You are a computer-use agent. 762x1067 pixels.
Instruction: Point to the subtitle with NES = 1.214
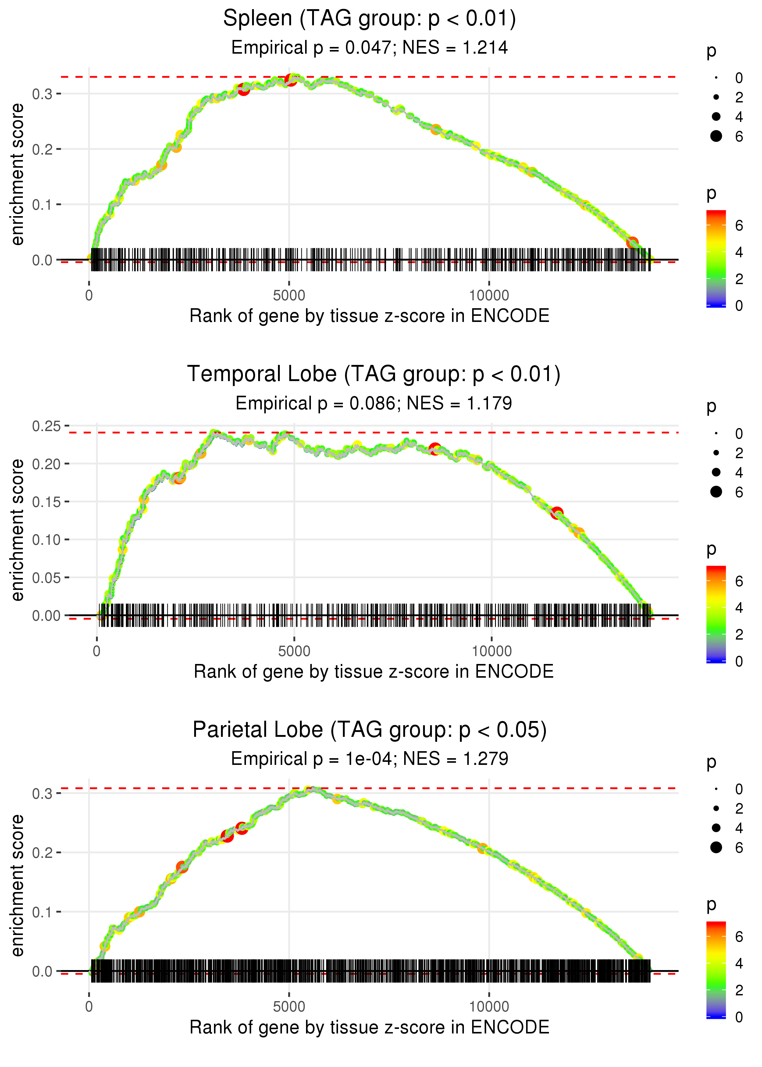(x=369, y=48)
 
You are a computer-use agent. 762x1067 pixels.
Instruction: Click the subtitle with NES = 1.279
(x=369, y=759)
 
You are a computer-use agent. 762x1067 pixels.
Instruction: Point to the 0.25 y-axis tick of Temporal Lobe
(x=46, y=426)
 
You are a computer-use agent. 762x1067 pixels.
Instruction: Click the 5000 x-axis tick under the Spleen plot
(x=289, y=296)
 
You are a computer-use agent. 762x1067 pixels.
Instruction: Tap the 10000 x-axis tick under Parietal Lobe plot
(x=489, y=1007)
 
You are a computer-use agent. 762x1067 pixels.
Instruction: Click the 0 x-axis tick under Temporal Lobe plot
(x=97, y=651)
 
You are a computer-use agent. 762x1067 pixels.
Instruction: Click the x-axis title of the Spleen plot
(x=369, y=316)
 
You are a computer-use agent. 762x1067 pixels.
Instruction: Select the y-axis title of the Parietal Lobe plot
(x=17, y=885)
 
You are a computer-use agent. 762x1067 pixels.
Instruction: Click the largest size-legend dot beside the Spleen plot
(x=716, y=136)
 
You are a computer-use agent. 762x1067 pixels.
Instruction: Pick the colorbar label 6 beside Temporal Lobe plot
(x=739, y=581)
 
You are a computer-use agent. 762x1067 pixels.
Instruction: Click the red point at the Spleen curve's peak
(x=291, y=80)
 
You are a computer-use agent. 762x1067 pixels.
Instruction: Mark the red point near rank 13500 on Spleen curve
(x=632, y=243)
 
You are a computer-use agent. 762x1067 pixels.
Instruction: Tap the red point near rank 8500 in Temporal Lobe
(x=435, y=448)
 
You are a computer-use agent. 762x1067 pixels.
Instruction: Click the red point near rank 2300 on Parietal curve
(x=182, y=867)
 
